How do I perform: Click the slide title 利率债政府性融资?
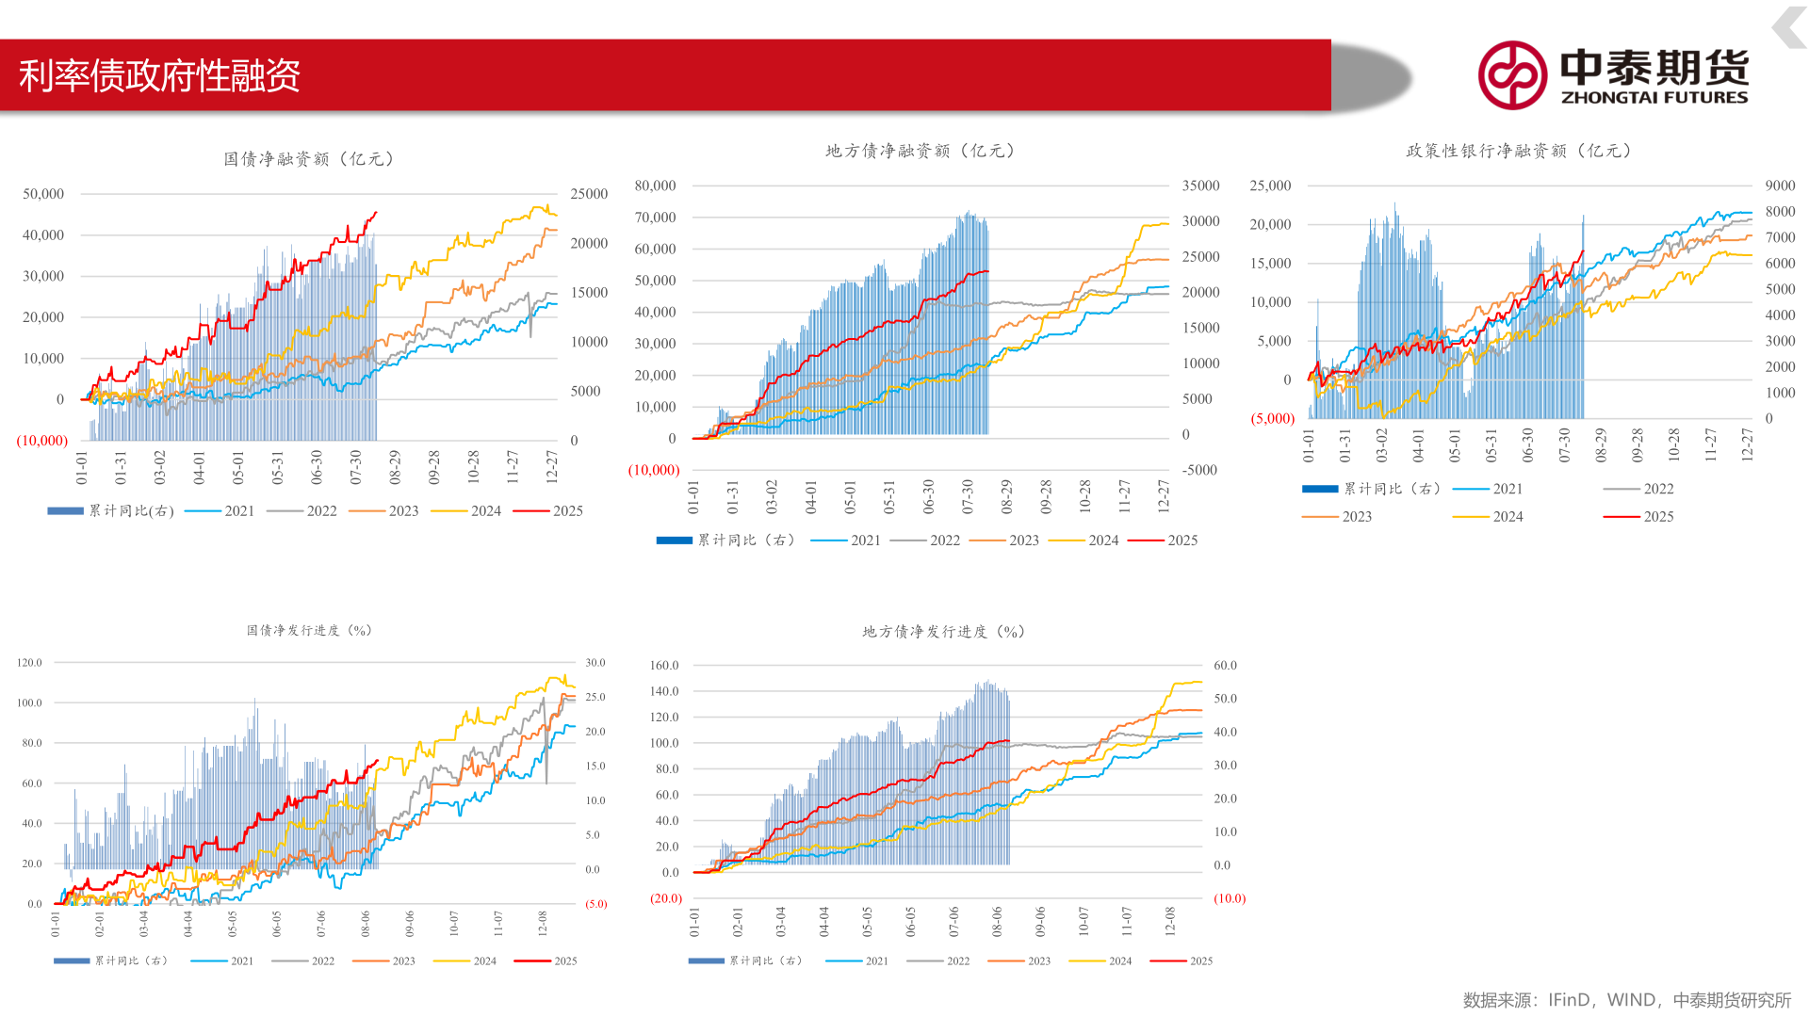(159, 75)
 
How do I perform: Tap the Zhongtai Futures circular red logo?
(1511, 75)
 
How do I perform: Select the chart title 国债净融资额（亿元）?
(309, 159)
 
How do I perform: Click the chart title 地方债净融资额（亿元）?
(920, 151)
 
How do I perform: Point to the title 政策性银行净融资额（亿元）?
(1519, 151)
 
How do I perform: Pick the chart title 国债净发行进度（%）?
(309, 630)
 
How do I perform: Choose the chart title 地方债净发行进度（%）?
(943, 631)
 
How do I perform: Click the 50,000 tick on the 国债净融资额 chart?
(43, 194)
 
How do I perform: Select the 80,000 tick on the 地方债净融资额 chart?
(655, 186)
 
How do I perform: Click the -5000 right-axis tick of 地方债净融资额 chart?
(1199, 470)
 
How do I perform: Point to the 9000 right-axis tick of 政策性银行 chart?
(1780, 186)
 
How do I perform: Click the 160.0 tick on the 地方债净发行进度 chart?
(664, 666)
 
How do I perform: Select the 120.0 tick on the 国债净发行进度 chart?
(29, 663)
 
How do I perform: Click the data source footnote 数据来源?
(1626, 1000)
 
